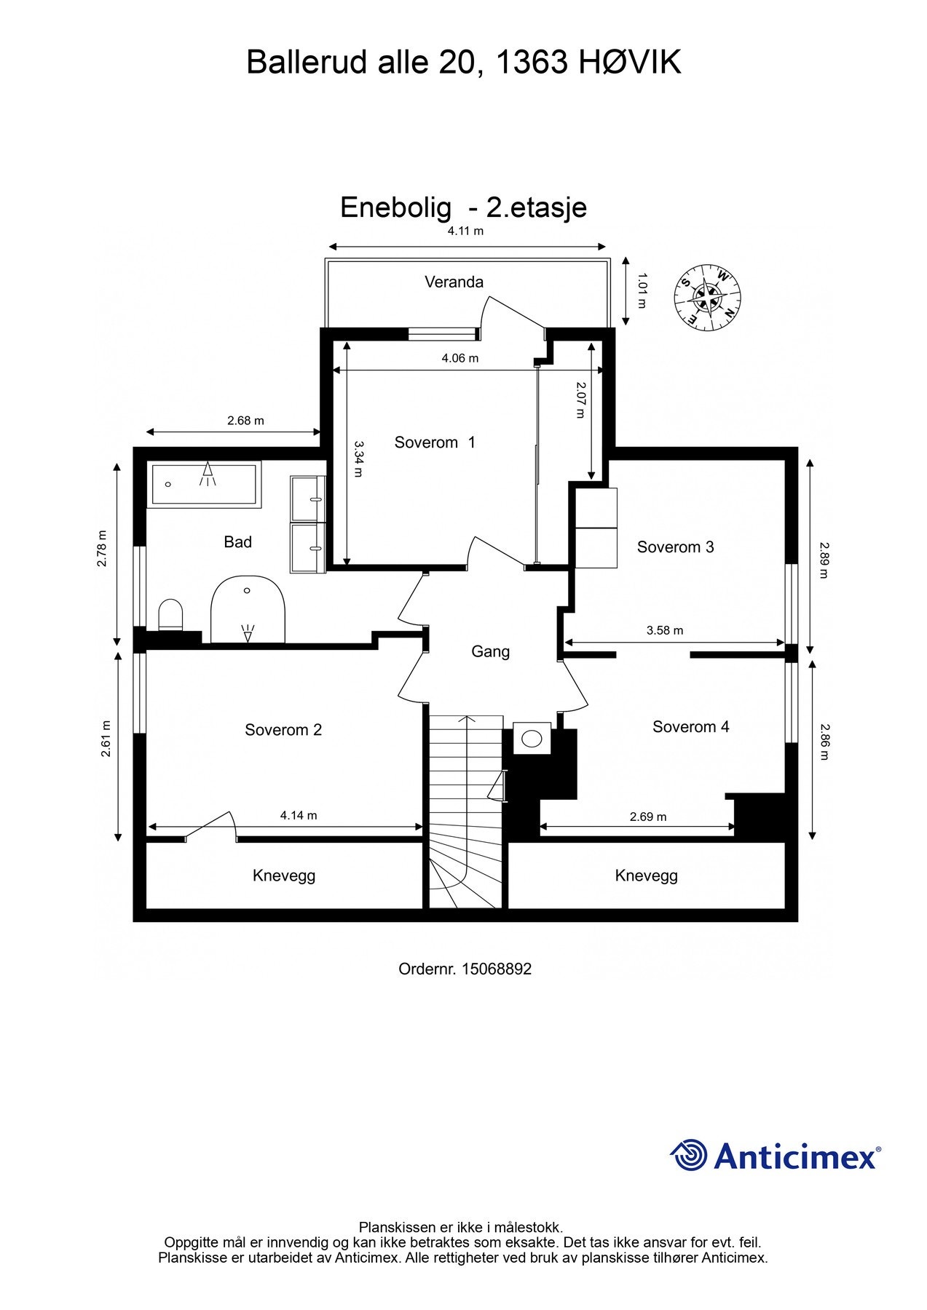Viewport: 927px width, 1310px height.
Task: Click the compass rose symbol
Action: tap(706, 298)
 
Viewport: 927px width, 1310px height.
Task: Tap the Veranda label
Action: tap(454, 282)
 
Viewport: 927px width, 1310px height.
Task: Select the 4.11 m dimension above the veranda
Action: tap(465, 231)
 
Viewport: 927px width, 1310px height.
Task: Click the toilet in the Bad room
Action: tap(170, 615)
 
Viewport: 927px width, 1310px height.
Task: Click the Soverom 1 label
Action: tap(435, 442)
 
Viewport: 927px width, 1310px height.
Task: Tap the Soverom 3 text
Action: tap(675, 547)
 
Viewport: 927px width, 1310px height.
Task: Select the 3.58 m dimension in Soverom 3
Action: tap(664, 630)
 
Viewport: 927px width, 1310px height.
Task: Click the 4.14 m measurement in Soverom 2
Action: tap(299, 815)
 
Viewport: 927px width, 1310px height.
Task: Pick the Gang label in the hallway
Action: tap(490, 651)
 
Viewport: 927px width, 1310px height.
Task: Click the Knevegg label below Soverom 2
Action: tap(284, 876)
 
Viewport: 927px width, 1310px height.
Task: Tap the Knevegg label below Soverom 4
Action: tap(646, 876)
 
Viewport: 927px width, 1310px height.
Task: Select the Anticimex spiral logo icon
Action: tap(689, 1155)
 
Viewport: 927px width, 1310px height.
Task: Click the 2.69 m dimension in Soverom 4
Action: tap(648, 817)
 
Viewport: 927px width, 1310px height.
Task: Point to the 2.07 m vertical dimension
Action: tap(580, 400)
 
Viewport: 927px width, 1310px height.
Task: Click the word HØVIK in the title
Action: tap(630, 63)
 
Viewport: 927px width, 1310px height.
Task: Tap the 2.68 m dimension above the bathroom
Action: tap(245, 421)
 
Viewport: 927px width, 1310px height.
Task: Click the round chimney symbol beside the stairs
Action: tap(532, 739)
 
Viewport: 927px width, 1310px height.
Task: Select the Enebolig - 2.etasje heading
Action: tap(463, 207)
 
